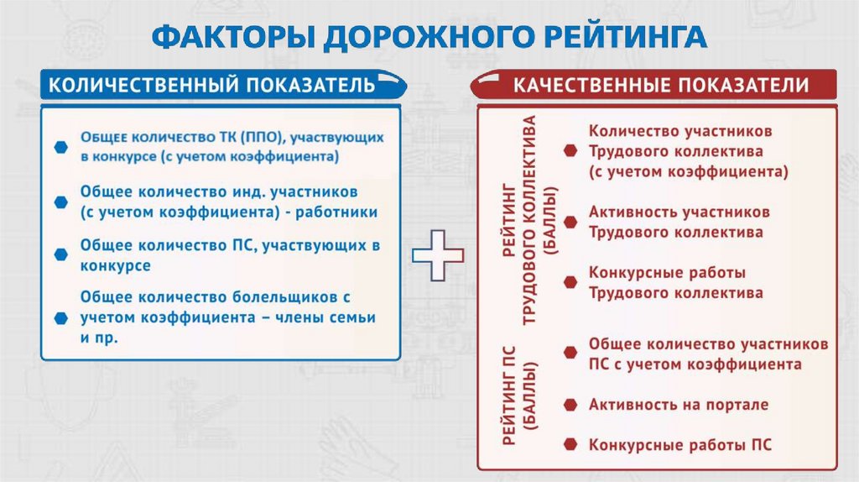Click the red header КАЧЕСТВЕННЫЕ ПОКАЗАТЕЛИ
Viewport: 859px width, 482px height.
tap(661, 85)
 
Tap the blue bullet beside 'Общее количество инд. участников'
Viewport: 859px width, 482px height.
tap(60, 202)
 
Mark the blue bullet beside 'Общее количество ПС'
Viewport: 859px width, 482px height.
tap(60, 254)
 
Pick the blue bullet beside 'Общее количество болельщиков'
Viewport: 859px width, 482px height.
tap(60, 318)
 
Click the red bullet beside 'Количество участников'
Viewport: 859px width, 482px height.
tap(570, 151)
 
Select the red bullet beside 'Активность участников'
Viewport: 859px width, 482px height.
tap(570, 222)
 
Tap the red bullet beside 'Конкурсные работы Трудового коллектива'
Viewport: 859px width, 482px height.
tap(570, 283)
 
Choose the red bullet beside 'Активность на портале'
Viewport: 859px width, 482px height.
tap(570, 405)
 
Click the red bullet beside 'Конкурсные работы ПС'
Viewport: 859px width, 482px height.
tap(570, 444)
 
